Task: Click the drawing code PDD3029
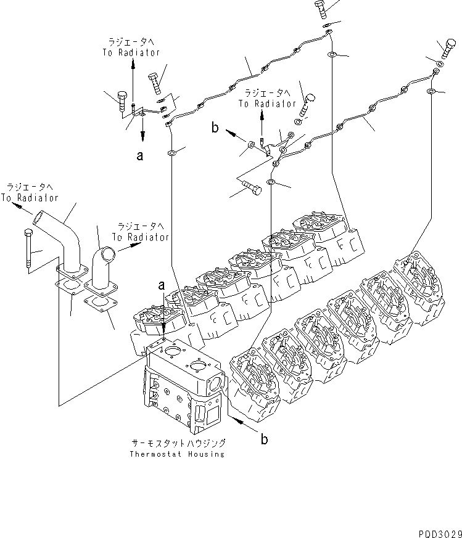pos(435,531)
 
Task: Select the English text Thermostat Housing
pos(177,454)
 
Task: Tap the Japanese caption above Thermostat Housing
pos(178,443)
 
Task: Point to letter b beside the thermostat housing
pos(264,439)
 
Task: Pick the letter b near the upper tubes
pos(215,128)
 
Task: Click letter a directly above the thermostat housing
pos(161,285)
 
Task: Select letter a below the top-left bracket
pos(140,156)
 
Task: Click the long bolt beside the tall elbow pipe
pos(28,250)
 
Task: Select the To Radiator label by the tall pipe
pos(29,198)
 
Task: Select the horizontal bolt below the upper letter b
pos(250,185)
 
